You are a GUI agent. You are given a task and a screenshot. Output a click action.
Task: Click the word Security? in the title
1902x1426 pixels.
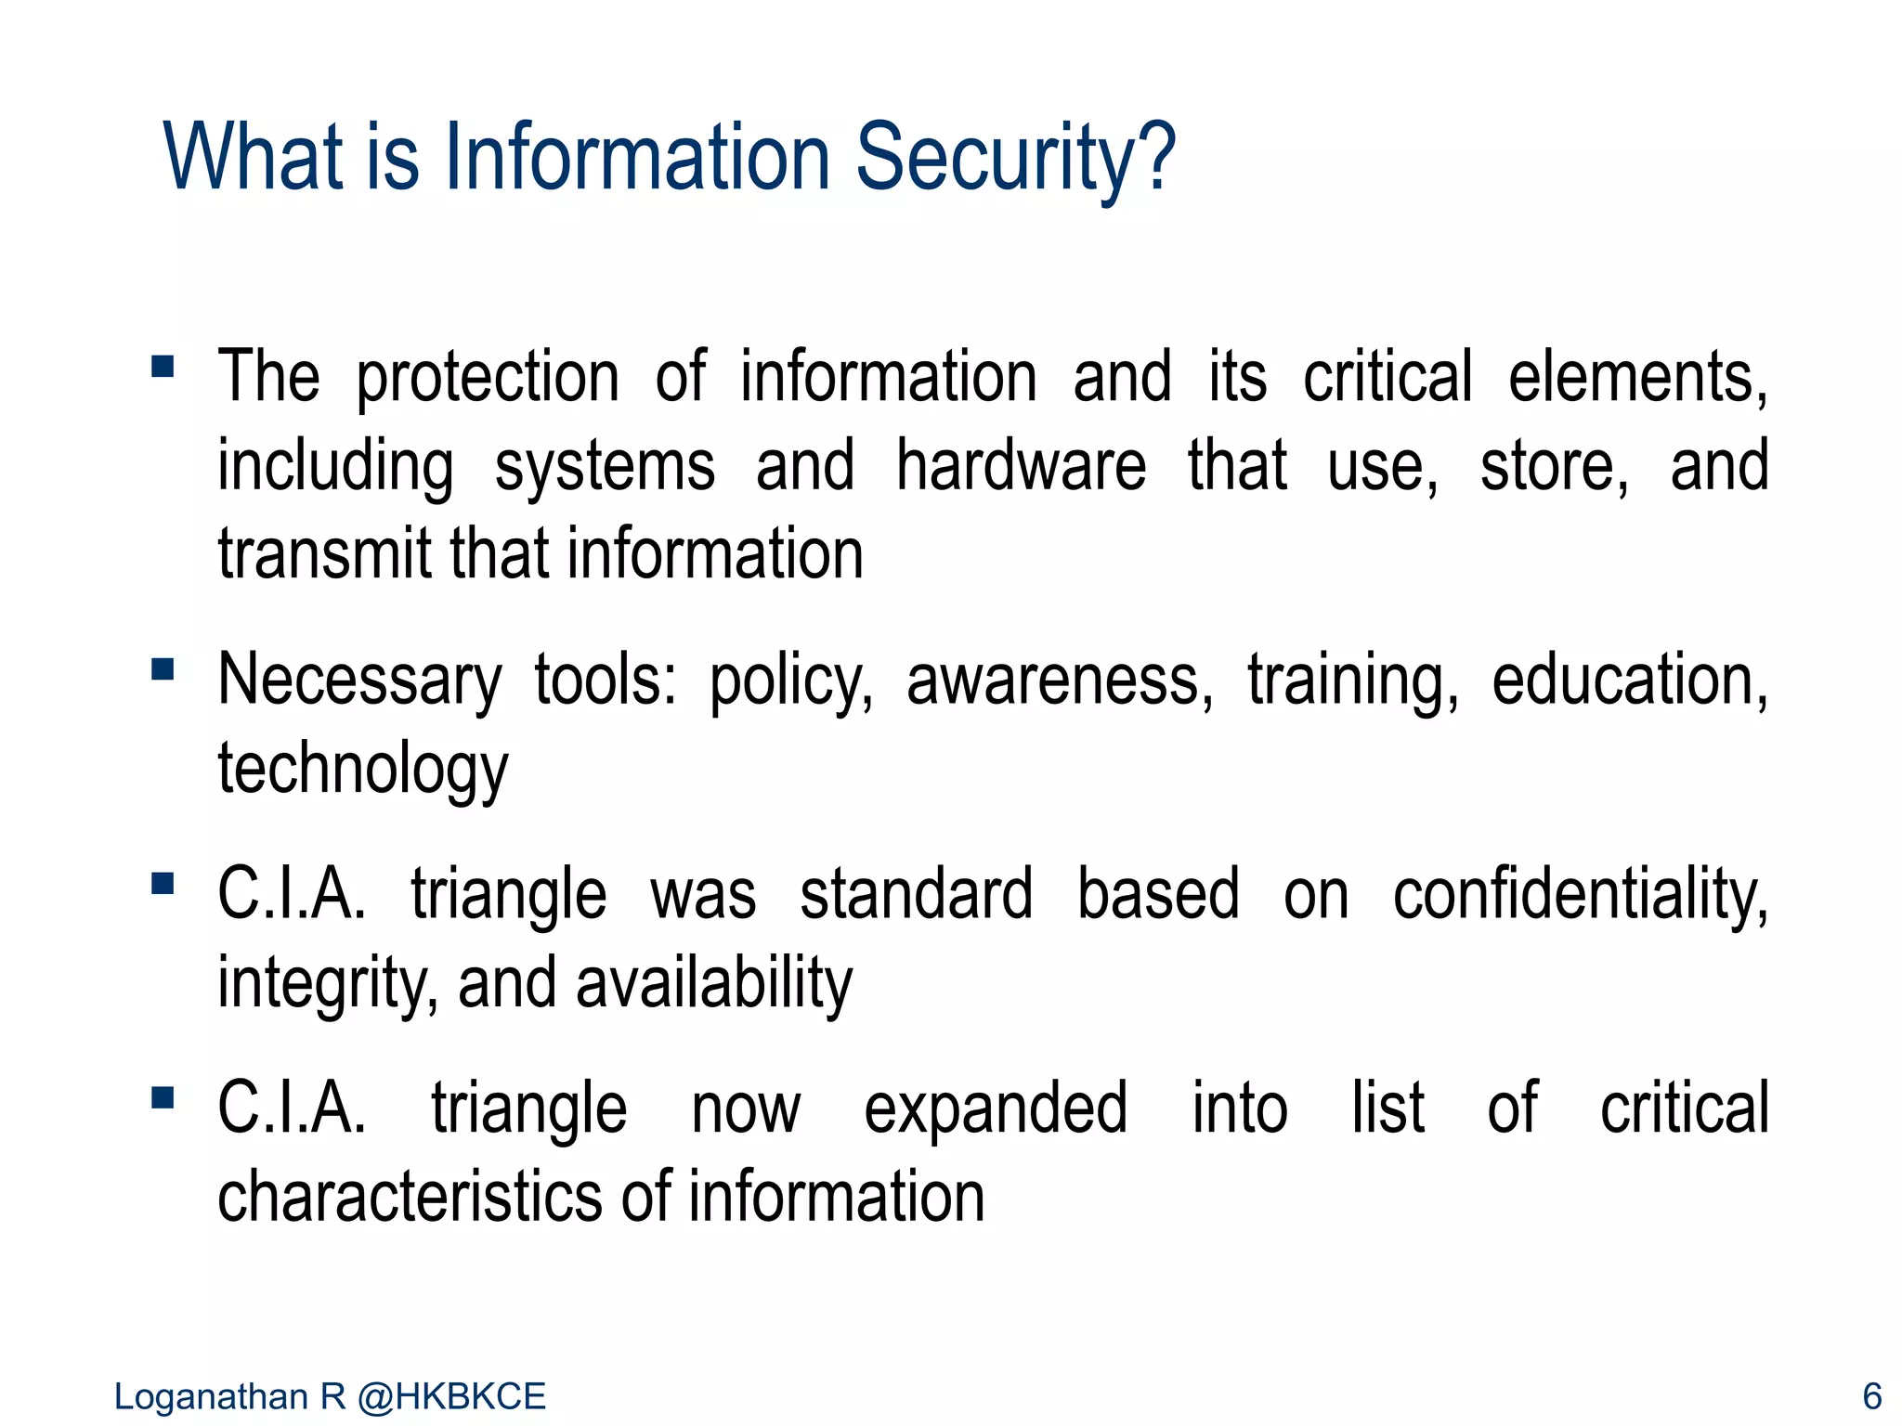tap(1015, 158)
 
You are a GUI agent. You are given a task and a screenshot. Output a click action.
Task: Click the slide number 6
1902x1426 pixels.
tap(1871, 1396)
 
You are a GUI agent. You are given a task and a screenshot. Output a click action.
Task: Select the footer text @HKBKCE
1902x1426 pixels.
tap(451, 1396)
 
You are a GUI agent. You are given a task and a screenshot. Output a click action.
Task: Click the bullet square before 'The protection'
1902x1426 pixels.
tap(163, 366)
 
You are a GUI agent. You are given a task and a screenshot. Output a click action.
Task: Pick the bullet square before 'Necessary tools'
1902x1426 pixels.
tap(163, 668)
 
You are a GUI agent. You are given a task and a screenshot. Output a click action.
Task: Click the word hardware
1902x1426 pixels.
tap(1020, 466)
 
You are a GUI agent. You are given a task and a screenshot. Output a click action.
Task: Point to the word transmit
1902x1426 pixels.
tap(324, 554)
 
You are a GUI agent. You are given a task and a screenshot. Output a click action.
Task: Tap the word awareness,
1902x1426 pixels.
tap(1059, 681)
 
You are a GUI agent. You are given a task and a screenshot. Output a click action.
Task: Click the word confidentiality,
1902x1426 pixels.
tap(1580, 895)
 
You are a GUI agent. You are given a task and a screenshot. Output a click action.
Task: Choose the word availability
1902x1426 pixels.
tap(713, 984)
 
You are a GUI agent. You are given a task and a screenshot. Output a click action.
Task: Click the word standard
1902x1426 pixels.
tap(916, 895)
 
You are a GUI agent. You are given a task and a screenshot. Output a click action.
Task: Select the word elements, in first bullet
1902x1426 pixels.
tap(1637, 378)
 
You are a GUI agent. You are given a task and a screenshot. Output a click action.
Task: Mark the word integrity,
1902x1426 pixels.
tap(327, 984)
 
